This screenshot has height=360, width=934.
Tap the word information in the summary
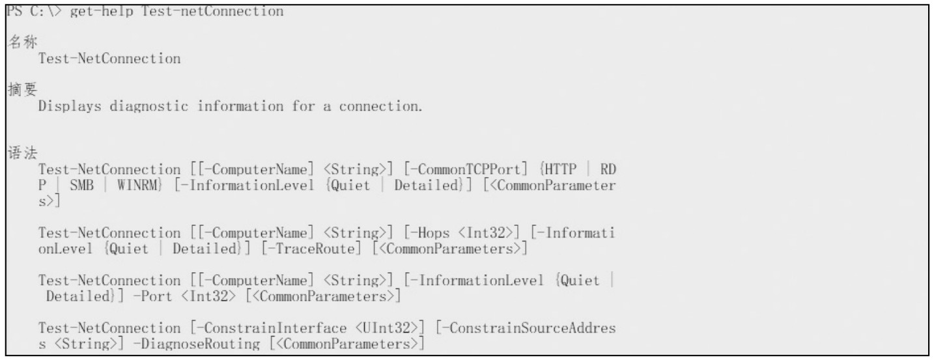233,107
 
